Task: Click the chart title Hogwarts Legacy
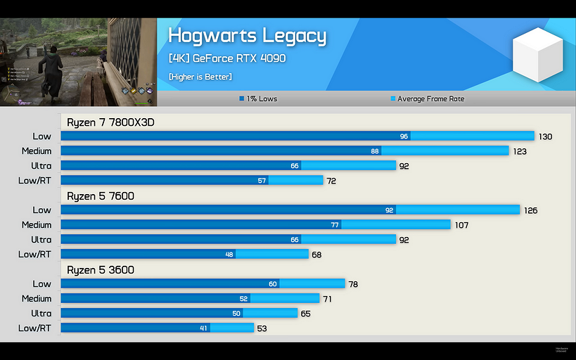(247, 36)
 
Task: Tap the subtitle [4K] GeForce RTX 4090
(226, 58)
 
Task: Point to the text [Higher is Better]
(200, 76)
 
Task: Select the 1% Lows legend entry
(258, 99)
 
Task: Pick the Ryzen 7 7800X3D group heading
(110, 122)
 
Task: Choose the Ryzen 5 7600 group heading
(101, 196)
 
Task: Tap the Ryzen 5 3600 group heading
(101, 270)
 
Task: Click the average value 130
(546, 136)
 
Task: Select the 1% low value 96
(404, 136)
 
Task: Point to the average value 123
(520, 151)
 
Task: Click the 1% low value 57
(262, 181)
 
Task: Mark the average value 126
(531, 210)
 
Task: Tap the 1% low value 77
(335, 225)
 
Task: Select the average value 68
(316, 255)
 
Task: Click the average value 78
(353, 284)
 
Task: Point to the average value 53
(262, 328)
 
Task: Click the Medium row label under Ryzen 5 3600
(37, 299)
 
